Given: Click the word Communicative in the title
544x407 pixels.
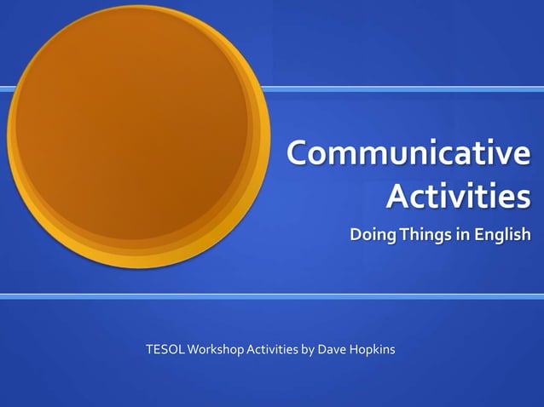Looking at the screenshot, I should tap(408, 154).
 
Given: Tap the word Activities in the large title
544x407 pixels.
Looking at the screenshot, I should tap(458, 198).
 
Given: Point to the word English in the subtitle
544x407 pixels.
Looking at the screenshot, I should tap(503, 235).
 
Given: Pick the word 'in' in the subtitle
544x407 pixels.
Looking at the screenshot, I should tap(461, 235).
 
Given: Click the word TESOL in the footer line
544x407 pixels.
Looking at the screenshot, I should tap(165, 349).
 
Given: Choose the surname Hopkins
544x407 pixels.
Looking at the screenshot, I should tap(373, 349).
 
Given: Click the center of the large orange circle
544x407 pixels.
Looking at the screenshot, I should tap(136, 136).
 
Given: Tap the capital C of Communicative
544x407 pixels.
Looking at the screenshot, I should tap(298, 154).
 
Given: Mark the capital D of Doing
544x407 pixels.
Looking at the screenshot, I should tap(356, 235).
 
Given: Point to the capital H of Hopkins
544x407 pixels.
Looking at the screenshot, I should tap(356, 349).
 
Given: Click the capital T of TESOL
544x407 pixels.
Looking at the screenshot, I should tap(149, 349).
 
